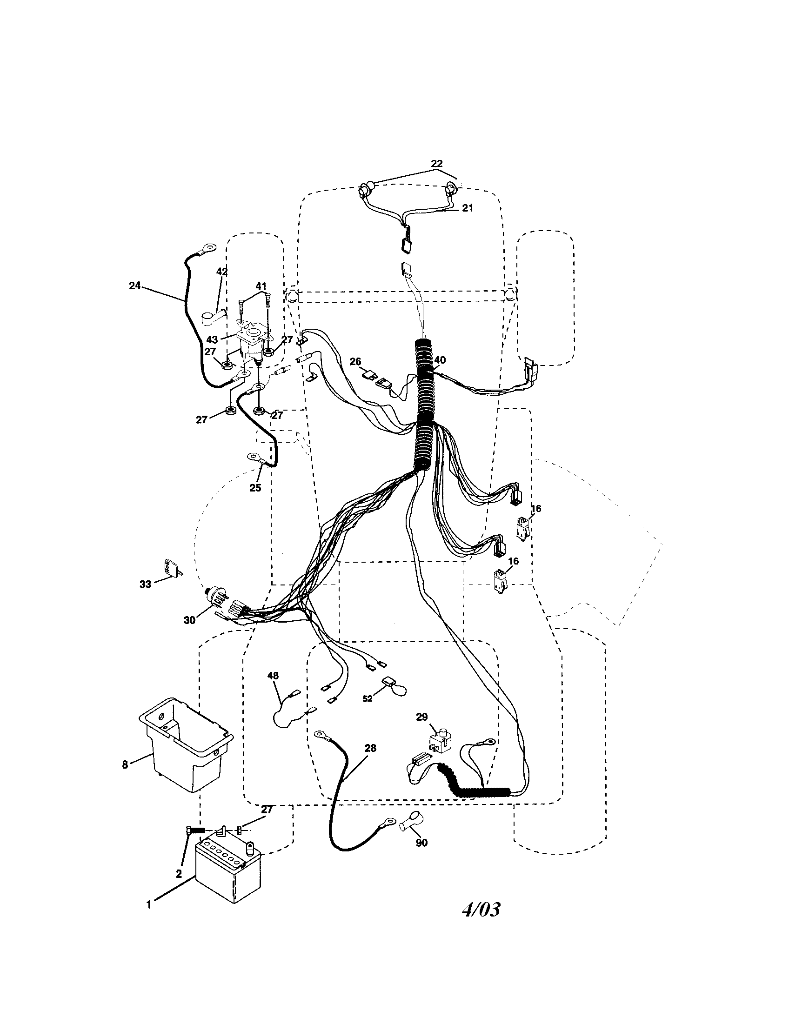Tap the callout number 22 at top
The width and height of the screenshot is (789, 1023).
(436, 164)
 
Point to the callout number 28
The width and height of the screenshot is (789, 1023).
(370, 748)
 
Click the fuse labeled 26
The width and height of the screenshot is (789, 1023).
(370, 375)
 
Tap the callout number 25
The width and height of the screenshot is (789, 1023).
(255, 487)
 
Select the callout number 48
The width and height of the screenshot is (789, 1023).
(273, 675)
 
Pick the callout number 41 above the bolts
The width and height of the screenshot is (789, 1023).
(261, 286)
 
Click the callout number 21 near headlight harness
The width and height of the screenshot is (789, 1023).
(468, 208)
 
